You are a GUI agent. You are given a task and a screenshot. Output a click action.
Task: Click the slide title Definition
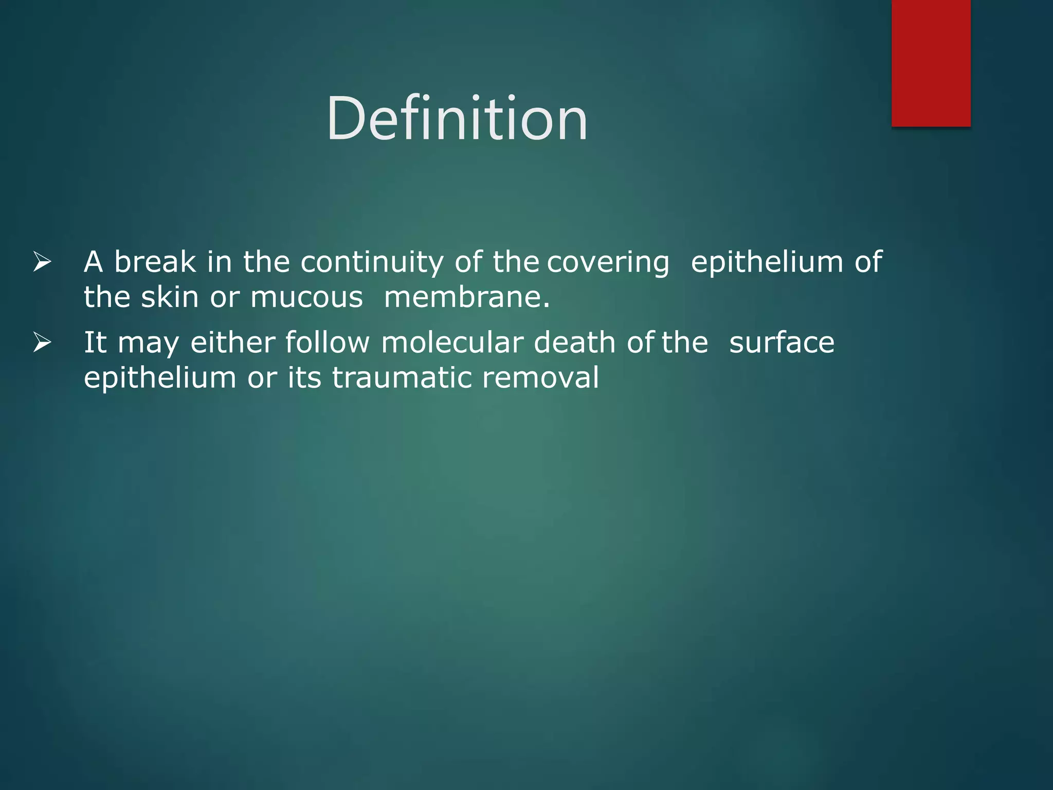(x=457, y=119)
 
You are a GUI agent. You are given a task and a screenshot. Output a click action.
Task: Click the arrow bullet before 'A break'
(x=42, y=262)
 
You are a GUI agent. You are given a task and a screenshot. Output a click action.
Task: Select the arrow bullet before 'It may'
(x=42, y=343)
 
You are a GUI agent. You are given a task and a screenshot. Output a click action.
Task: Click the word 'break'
(x=155, y=262)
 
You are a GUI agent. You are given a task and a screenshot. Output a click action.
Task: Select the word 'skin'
(x=170, y=297)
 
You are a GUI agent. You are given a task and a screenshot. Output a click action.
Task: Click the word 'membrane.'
(x=467, y=297)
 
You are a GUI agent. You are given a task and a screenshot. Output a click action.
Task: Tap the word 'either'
(x=232, y=343)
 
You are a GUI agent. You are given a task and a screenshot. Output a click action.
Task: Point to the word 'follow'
(x=327, y=343)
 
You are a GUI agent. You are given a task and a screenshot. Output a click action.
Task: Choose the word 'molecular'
(x=452, y=343)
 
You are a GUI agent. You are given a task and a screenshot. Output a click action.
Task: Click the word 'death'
(x=574, y=343)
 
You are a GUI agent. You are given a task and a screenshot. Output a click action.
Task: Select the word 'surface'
(x=782, y=343)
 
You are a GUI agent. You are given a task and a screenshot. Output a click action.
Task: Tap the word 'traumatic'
(x=402, y=378)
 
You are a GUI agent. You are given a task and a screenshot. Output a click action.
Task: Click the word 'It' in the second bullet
(x=95, y=343)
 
